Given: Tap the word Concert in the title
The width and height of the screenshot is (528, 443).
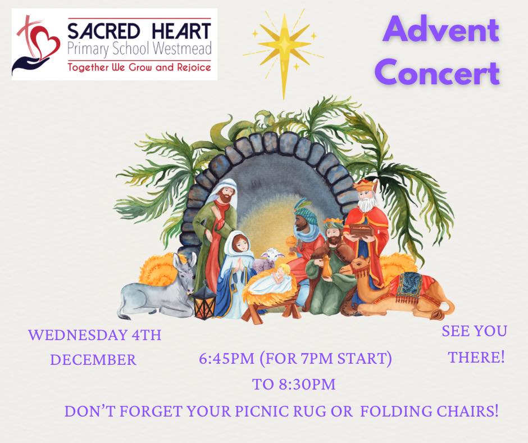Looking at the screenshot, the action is tap(437, 73).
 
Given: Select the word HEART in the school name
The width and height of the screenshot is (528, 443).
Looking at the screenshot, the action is tap(182, 31).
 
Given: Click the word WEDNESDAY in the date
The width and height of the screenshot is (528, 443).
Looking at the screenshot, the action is tap(78, 336).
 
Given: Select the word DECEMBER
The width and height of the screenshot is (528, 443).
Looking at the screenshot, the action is tap(93, 360).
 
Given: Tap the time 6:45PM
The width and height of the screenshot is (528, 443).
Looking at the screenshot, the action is tap(226, 359).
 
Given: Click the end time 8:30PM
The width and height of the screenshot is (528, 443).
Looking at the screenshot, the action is tap(307, 385).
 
